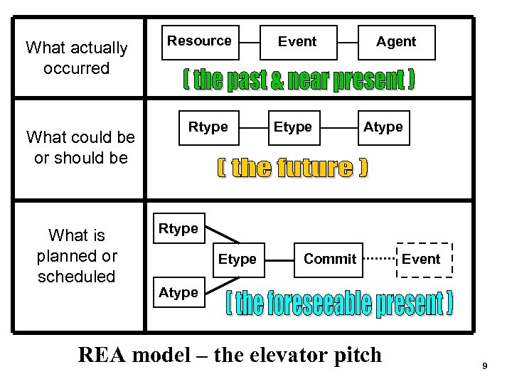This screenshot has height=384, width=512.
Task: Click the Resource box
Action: click(199, 41)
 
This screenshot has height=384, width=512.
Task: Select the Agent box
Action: click(395, 42)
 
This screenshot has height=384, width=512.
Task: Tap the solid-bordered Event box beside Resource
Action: click(297, 42)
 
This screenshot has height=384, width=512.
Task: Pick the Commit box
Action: click(330, 259)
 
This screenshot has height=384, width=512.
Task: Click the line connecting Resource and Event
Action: click(250, 42)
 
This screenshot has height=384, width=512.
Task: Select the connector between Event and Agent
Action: click(346, 42)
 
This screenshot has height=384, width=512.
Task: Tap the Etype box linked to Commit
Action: click(237, 260)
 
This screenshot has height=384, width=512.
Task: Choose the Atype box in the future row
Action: click(383, 127)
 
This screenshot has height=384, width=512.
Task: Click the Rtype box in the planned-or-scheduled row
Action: click(178, 228)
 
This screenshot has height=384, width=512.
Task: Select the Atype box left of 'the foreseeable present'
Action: click(178, 292)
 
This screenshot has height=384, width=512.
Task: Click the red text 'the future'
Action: click(292, 168)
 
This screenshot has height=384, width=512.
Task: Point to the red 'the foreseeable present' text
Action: click(340, 304)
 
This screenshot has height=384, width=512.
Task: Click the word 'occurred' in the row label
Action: click(76, 68)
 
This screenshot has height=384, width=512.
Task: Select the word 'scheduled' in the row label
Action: click(76, 276)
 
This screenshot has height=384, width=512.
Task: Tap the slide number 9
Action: click(484, 366)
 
